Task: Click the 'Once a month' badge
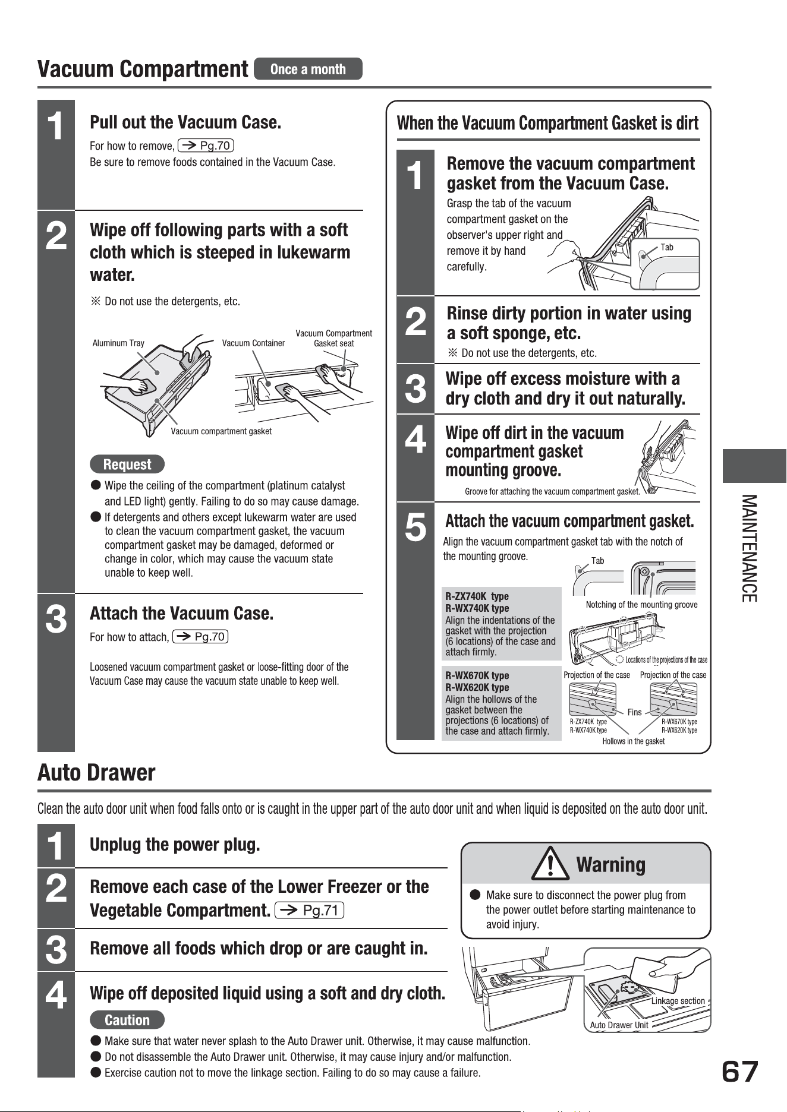308,69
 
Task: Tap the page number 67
740,1072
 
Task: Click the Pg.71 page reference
310,911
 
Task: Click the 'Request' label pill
127,464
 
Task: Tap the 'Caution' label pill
127,1020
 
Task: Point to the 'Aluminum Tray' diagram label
118,343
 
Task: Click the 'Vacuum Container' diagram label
253,343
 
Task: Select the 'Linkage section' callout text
678,1001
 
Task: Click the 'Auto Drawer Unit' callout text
619,1025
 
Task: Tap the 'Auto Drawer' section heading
96,773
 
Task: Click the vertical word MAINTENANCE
750,548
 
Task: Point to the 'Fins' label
635,712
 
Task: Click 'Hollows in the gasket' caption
634,741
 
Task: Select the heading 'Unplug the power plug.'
175,845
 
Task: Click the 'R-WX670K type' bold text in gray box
477,675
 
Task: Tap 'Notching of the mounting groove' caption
642,605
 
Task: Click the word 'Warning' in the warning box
611,864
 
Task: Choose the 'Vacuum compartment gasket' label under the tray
221,431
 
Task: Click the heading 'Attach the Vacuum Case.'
181,613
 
